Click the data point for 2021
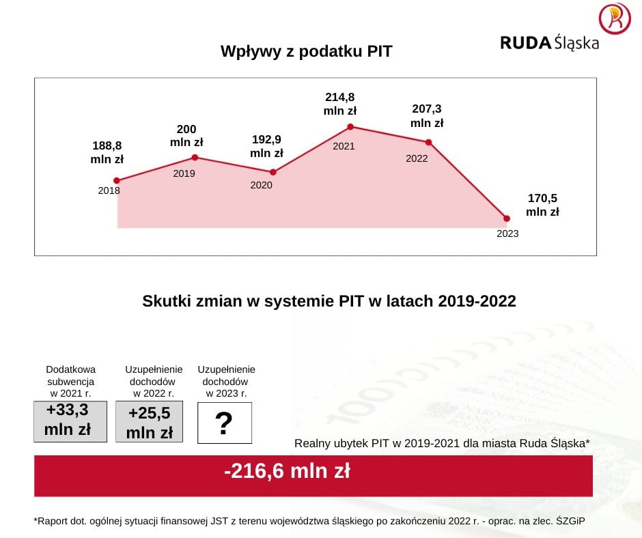click(350, 126)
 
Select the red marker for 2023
click(507, 218)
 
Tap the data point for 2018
click(117, 180)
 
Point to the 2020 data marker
click(273, 172)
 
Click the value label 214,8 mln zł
click(340, 104)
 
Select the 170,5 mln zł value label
click(542, 205)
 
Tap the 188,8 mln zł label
click(107, 152)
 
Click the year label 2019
click(184, 173)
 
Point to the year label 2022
click(417, 158)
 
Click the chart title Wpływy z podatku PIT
click(306, 51)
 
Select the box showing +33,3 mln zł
click(70, 421)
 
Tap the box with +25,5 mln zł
click(149, 422)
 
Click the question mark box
click(224, 423)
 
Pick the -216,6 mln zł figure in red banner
click(287, 471)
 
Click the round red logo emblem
click(614, 19)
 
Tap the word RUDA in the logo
click(525, 43)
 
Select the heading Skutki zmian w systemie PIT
click(329, 301)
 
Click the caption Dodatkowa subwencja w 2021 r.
click(70, 382)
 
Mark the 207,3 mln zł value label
click(427, 116)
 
